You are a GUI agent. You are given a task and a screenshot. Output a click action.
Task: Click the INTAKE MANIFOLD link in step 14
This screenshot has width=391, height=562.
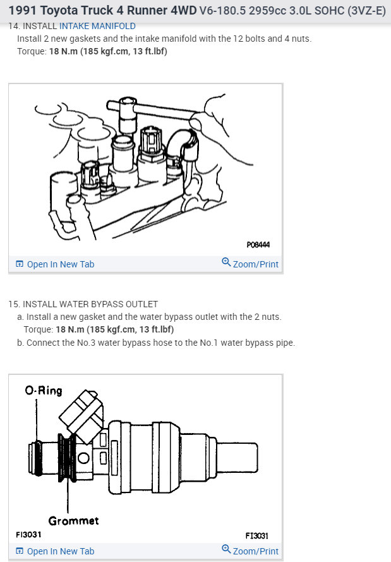pos(97,26)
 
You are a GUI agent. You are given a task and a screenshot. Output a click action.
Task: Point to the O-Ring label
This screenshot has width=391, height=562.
pos(44,391)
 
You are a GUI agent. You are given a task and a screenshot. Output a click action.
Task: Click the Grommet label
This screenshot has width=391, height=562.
pos(73,521)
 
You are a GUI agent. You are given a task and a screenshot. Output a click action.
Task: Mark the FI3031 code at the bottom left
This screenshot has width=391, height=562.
pos(28,535)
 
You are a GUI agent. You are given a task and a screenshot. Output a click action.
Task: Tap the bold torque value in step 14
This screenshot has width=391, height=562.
pos(108,51)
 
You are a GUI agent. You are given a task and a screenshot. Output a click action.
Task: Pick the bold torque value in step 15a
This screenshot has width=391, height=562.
pos(114,329)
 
